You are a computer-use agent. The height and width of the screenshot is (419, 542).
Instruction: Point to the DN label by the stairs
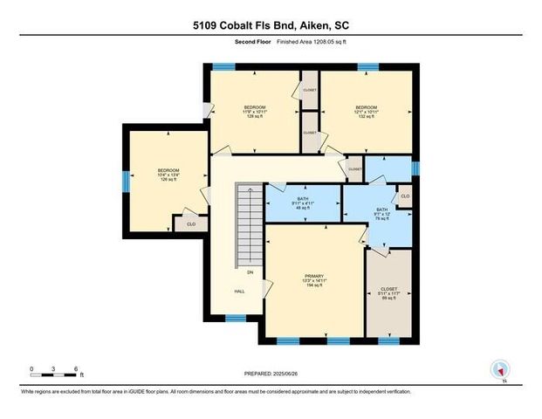pos(250,272)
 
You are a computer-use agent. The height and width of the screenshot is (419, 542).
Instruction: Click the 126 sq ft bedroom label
pos(168,175)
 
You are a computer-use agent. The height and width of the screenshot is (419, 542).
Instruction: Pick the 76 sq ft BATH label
pos(377,214)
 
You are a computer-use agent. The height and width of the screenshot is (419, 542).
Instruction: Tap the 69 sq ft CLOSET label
pos(388,293)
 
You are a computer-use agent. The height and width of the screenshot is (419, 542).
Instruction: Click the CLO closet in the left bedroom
pos(190,224)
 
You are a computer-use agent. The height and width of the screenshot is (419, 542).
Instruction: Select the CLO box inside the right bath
pos(405,196)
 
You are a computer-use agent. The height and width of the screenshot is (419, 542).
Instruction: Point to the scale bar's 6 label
pos(77,369)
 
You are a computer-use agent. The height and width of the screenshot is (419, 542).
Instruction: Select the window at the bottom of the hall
pos(233,318)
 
